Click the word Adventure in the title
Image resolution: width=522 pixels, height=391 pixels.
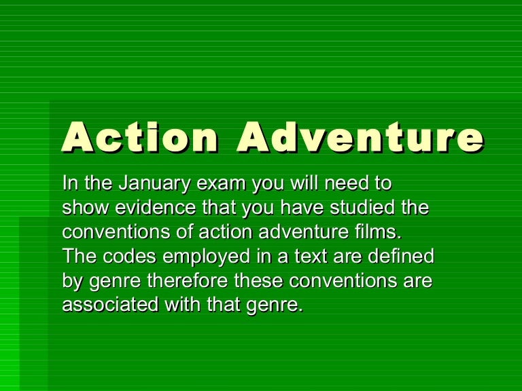361,138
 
